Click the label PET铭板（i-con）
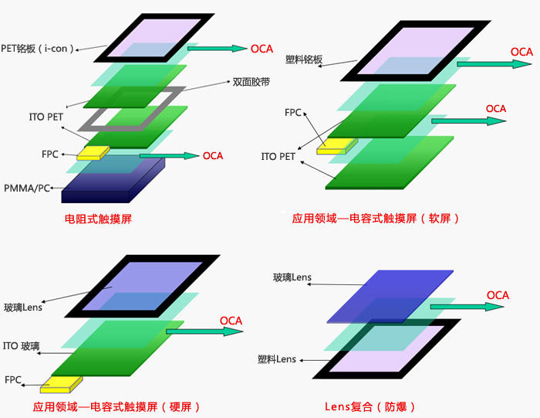[38, 49]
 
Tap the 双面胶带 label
[251, 82]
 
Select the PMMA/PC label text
[27, 189]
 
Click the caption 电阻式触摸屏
[98, 219]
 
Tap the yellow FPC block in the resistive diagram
[93, 153]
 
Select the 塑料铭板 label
[304, 59]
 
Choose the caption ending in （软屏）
[376, 219]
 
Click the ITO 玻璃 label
[22, 346]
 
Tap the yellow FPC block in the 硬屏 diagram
[61, 385]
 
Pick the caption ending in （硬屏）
[116, 407]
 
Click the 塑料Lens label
[277, 359]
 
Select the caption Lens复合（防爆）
[370, 407]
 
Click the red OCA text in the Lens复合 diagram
[498, 295]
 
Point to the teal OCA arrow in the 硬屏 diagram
[204, 331]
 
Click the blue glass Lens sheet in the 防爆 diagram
[390, 296]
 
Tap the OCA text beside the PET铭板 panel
[262, 49]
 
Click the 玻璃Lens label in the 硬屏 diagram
[23, 308]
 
